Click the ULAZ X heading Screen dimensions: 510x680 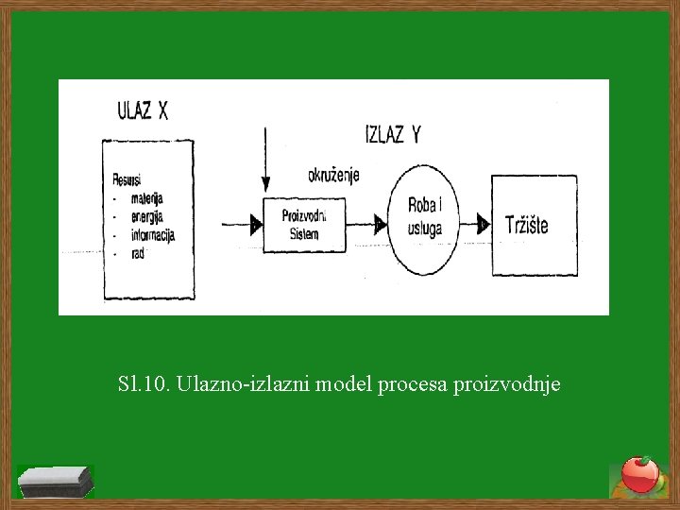143,110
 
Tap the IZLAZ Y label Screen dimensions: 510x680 392,134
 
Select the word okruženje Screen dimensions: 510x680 333,175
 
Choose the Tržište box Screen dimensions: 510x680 533,225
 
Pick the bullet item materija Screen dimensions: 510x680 147,197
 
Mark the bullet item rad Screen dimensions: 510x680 140,252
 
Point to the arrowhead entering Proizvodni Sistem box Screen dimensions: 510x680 256,225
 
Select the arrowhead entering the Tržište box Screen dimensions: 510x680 483,225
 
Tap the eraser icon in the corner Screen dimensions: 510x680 58,481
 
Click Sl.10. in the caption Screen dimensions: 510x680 142,384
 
